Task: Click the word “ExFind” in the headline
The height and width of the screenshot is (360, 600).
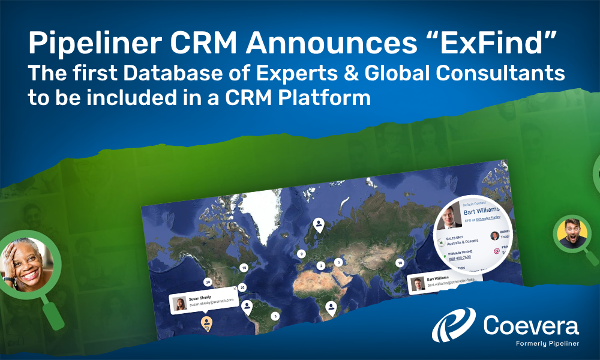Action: [509, 43]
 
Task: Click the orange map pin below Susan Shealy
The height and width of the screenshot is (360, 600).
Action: [206, 325]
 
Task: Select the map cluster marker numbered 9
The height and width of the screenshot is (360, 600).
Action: [301, 254]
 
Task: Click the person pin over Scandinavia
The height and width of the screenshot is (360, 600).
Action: [319, 225]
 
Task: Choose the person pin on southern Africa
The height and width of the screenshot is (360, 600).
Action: [331, 308]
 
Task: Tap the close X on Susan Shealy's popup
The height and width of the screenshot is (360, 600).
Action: [234, 290]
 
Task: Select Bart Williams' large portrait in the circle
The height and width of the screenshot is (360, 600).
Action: [449, 218]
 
